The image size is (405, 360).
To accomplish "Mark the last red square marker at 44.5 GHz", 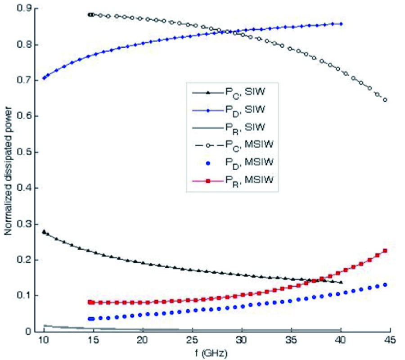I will pos(385,251).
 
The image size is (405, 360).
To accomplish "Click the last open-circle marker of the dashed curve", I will pos(385,100).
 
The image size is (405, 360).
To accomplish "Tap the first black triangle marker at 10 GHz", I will pos(44,232).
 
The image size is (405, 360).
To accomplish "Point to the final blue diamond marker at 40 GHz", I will pos(341,24).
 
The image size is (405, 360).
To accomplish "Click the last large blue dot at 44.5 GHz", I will pos(385,285).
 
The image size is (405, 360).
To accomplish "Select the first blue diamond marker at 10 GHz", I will pos(44,78).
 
